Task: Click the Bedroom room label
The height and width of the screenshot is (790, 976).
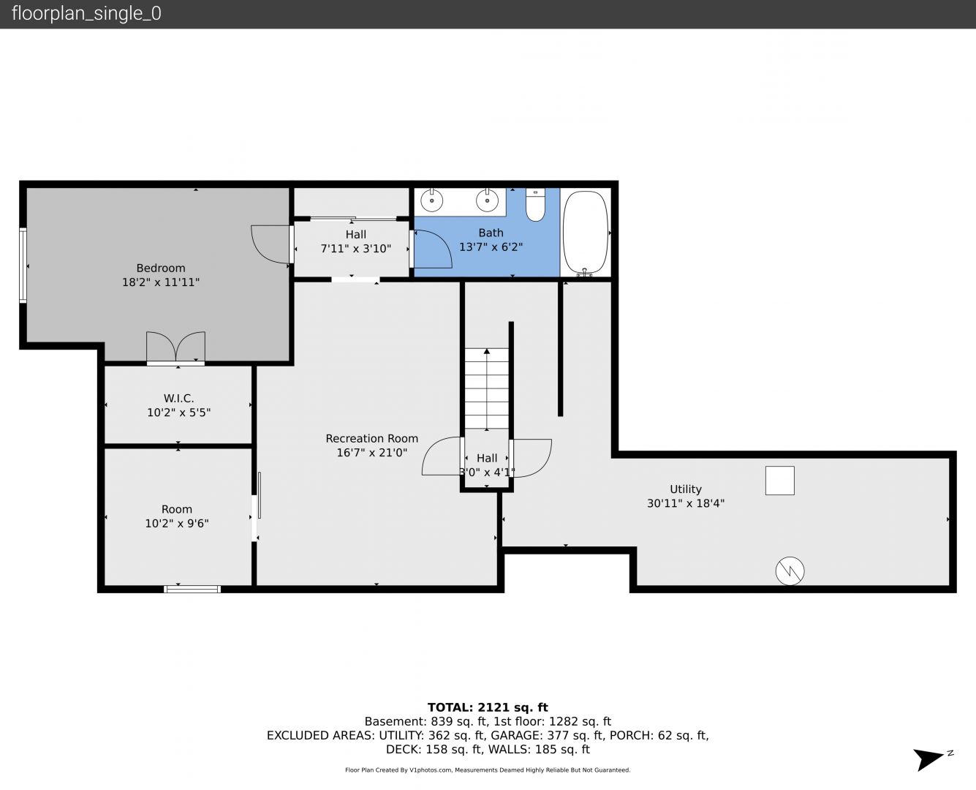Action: pyautogui.click(x=160, y=268)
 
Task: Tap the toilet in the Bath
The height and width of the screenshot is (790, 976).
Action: pyautogui.click(x=535, y=205)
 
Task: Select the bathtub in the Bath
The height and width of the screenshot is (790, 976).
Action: pyautogui.click(x=585, y=233)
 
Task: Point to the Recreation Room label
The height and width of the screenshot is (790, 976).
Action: pyautogui.click(x=371, y=438)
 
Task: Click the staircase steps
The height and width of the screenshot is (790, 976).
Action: pyautogui.click(x=487, y=389)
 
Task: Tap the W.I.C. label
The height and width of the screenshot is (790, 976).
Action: pyautogui.click(x=178, y=398)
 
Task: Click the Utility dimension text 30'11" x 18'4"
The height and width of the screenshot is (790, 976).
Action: pyautogui.click(x=686, y=503)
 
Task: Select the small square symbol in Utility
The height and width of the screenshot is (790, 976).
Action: pyautogui.click(x=779, y=481)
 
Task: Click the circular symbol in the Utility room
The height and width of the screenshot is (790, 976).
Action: pyautogui.click(x=790, y=571)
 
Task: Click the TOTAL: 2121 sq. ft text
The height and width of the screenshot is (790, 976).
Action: pyautogui.click(x=488, y=707)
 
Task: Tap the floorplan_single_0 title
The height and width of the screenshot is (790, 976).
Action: pyautogui.click(x=86, y=13)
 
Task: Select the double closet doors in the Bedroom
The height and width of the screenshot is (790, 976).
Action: pyautogui.click(x=175, y=347)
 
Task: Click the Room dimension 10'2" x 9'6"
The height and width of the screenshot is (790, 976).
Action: pyautogui.click(x=177, y=524)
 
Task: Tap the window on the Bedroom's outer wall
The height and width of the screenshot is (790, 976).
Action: pyautogui.click(x=23, y=266)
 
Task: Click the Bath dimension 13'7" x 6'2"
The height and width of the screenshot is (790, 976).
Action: pyautogui.click(x=491, y=247)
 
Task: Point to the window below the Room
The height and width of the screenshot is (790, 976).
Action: pyautogui.click(x=192, y=589)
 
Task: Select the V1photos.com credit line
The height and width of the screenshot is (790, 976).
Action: pyautogui.click(x=488, y=770)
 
